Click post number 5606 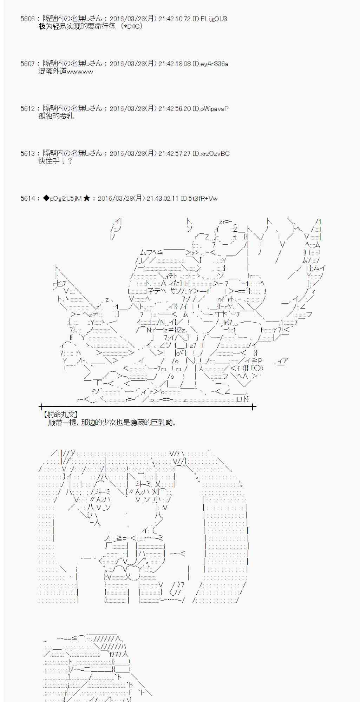click(x=28, y=19)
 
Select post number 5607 click(x=28, y=64)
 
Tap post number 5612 click(x=28, y=109)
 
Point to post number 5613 click(x=28, y=154)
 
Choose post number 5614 click(x=28, y=199)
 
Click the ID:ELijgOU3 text click(x=210, y=19)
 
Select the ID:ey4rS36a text click(x=210, y=64)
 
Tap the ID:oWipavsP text click(x=210, y=109)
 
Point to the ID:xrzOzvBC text click(x=211, y=154)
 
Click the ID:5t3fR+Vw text click(x=199, y=199)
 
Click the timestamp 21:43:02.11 click(x=163, y=199)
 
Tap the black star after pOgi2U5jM click(x=87, y=199)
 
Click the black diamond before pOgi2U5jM click(x=46, y=199)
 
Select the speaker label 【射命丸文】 click(x=60, y=415)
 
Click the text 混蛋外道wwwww click(x=66, y=72)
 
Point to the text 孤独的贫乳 click(x=56, y=116)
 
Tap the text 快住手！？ click(x=55, y=161)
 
